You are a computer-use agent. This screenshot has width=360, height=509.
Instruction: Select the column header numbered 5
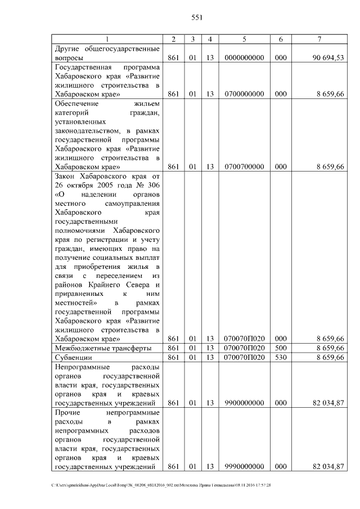coord(244,39)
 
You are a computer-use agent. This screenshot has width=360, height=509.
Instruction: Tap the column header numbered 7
coord(319,39)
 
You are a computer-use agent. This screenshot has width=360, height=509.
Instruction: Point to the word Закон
coord(65,176)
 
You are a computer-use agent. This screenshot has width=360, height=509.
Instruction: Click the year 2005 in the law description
coord(107,185)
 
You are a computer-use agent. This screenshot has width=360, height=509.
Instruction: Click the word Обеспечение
coord(76,103)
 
